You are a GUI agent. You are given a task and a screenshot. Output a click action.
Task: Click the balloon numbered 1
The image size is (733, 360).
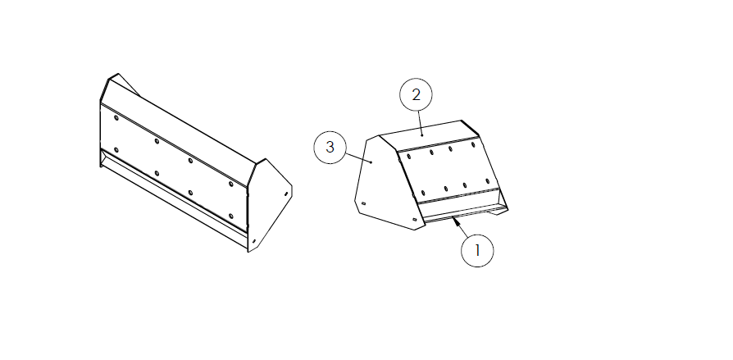click(477, 251)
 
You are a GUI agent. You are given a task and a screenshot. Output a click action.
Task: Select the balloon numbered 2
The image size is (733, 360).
click(416, 95)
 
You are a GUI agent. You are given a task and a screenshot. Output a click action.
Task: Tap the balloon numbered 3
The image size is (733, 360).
click(330, 148)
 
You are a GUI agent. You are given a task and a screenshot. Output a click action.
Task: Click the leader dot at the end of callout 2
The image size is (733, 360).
click(422, 134)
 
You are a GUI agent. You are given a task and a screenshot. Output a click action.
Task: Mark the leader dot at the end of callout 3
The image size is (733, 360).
click(371, 162)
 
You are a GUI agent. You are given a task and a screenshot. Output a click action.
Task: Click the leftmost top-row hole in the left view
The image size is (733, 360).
click(116, 117)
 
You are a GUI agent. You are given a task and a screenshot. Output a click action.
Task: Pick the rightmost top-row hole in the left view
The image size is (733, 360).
click(230, 185)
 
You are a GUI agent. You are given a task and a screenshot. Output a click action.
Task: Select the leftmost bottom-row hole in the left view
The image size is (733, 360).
click(116, 149)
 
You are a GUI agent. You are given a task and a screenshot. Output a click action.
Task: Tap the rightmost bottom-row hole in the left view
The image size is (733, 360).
click(230, 216)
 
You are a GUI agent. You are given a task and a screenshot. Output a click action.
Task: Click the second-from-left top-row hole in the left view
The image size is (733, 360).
click(157, 141)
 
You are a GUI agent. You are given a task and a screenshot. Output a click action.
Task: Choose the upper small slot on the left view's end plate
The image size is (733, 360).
click(285, 194)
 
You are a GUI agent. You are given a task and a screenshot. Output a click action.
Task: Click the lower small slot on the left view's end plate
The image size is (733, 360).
click(254, 241)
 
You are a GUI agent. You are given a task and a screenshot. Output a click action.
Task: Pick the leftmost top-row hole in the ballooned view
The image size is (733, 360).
click(409, 157)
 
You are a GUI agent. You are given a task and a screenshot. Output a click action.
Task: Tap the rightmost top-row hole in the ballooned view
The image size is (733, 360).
click(473, 145)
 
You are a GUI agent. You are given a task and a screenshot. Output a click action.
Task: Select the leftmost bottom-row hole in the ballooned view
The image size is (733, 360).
click(423, 193)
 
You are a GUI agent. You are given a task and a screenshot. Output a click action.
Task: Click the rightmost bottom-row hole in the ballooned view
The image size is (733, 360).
click(487, 181)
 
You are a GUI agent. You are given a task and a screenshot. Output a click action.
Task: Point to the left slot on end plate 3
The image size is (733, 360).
click(363, 203)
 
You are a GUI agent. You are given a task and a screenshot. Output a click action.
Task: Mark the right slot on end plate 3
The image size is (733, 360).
click(414, 219)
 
